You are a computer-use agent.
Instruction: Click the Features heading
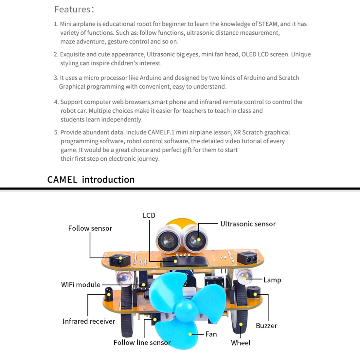(74, 9)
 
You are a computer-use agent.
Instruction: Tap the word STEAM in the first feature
(268, 24)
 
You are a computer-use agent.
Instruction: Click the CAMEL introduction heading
(91, 179)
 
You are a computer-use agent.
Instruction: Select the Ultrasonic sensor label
(248, 224)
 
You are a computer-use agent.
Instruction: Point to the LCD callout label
(149, 215)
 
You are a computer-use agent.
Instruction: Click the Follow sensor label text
(90, 228)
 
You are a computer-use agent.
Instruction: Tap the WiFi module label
(81, 284)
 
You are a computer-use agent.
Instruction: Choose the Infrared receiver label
(89, 321)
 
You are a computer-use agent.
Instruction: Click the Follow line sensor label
(142, 342)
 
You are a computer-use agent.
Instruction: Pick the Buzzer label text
(266, 326)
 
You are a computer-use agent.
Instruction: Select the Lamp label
(272, 280)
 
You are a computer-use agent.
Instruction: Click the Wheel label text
(241, 343)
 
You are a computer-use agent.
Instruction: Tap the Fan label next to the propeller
(211, 334)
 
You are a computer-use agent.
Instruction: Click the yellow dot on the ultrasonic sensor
(199, 240)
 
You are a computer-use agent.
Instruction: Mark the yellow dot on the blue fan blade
(190, 334)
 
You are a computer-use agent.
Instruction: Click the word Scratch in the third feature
(289, 78)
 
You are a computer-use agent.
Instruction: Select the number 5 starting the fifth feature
(56, 133)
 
